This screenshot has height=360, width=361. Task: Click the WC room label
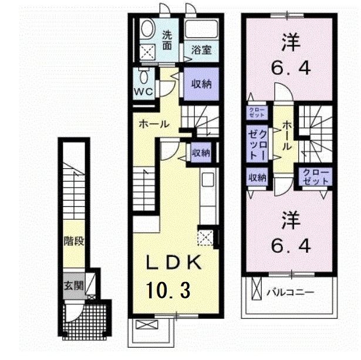[143, 92]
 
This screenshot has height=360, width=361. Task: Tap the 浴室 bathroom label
[202, 50]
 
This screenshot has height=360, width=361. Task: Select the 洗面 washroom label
[167, 40]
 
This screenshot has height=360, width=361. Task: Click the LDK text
[174, 262]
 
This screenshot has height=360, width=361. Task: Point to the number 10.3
[168, 290]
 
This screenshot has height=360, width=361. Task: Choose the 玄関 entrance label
[74, 286]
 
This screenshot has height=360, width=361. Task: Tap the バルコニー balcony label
[291, 293]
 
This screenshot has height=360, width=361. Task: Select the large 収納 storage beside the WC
[201, 84]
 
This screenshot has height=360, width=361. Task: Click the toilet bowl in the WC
[144, 77]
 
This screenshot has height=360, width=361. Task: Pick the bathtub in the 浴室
[201, 28]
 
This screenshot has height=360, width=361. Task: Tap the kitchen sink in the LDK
[208, 180]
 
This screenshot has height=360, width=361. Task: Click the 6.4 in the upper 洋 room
[291, 69]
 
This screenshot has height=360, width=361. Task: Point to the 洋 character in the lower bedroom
[291, 220]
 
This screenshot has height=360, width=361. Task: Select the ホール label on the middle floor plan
[154, 124]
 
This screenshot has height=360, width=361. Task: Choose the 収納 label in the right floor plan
[257, 177]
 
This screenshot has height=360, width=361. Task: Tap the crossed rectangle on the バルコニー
[257, 288]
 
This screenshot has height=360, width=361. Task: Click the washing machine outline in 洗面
[147, 52]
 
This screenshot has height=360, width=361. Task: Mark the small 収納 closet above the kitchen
[201, 152]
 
